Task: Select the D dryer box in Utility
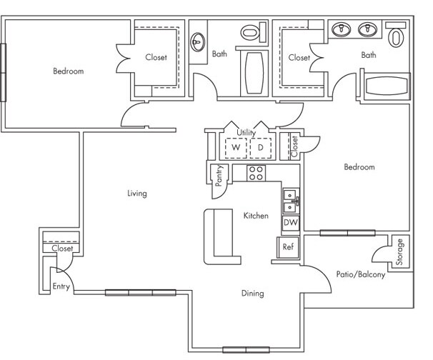click(262, 148)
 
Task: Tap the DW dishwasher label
click(290, 223)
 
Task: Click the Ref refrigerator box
click(288, 246)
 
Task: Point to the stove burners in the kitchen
click(256, 172)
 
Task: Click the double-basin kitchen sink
click(290, 201)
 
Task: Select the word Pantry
click(219, 176)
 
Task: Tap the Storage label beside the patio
click(400, 252)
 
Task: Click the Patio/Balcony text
click(361, 274)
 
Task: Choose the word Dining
click(252, 293)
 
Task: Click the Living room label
click(137, 194)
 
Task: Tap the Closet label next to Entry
click(62, 249)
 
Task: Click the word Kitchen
click(256, 216)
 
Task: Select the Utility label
click(247, 133)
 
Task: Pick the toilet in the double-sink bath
click(396, 36)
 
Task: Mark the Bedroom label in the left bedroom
click(69, 71)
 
